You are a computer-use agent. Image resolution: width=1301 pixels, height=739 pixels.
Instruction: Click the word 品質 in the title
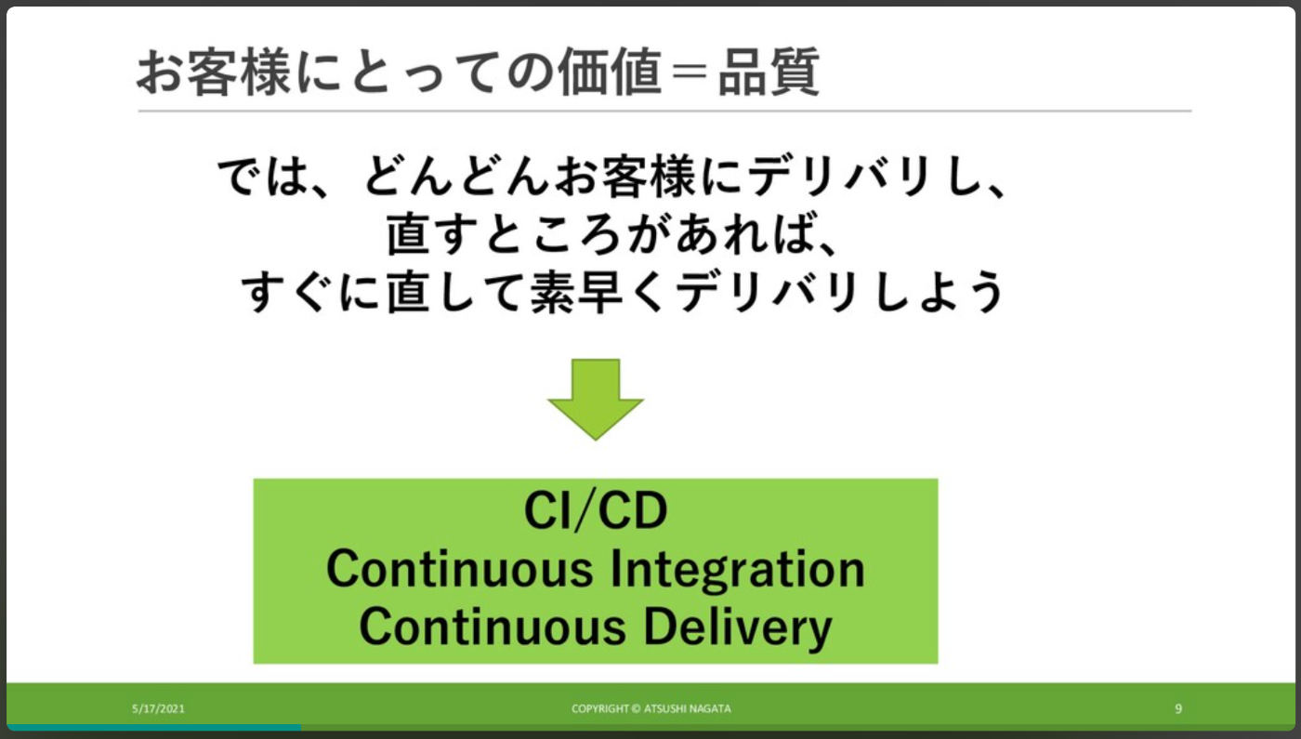coord(769,73)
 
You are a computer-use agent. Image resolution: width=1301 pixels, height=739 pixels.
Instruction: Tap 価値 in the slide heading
coord(609,73)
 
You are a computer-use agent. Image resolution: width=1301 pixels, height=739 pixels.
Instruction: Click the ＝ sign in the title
coord(689,73)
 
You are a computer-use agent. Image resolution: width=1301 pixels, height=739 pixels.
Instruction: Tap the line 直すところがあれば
coord(613,236)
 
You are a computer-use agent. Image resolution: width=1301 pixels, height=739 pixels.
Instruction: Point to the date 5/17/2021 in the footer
coord(158,708)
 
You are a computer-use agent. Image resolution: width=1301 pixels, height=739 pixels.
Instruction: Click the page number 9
coord(1178,708)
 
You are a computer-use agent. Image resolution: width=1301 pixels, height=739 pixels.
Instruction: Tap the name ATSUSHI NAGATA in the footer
coord(688,708)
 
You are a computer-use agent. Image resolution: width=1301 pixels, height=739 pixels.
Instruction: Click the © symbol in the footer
coord(636,708)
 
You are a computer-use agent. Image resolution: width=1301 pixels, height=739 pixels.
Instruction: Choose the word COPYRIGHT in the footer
coord(599,708)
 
